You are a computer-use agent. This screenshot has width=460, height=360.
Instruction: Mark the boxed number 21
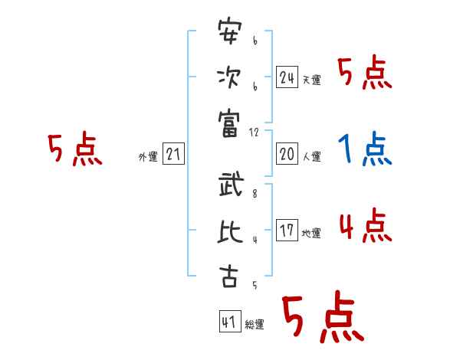click(x=173, y=155)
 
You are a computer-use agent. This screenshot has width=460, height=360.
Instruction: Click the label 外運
click(x=148, y=158)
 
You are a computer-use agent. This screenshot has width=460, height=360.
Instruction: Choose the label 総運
click(x=255, y=326)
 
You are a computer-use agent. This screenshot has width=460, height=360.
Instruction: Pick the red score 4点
click(x=365, y=226)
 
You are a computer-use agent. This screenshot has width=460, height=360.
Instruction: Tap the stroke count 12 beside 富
click(x=255, y=132)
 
